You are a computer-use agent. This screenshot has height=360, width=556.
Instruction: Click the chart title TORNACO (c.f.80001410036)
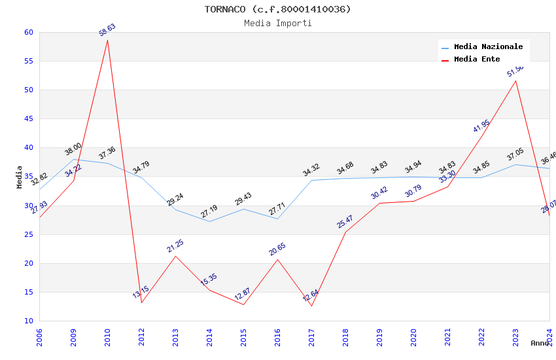[277, 9]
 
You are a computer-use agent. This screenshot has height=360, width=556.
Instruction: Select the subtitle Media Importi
[277, 23]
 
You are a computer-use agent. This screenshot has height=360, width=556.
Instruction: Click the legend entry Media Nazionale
[488, 46]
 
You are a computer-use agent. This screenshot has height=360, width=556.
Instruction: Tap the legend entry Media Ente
[477, 59]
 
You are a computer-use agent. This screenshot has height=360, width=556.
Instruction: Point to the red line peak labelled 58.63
[107, 40]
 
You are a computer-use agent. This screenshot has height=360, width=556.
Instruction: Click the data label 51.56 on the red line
[515, 71]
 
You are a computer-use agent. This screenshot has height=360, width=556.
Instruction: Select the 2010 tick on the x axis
[107, 339]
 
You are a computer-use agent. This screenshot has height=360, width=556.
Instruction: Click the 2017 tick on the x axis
[311, 339]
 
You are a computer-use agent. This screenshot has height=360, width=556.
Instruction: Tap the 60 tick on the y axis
[28, 32]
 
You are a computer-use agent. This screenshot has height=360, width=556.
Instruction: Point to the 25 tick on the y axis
[28, 234]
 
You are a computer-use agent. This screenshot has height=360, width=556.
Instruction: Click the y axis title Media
[20, 177]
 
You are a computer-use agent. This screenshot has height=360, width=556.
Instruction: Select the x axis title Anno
[540, 343]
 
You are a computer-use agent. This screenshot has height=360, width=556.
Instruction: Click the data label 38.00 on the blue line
[73, 149]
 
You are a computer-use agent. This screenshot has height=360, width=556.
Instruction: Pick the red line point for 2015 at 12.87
[243, 304]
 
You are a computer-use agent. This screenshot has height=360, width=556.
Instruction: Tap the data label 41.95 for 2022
[481, 126]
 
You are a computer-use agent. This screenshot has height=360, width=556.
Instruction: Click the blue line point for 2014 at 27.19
[209, 221]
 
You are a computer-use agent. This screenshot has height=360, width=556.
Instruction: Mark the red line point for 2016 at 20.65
[277, 259]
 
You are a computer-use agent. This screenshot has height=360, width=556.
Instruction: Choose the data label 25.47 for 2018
[345, 221]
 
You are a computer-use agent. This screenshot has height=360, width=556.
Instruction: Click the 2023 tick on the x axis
[515, 339]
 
